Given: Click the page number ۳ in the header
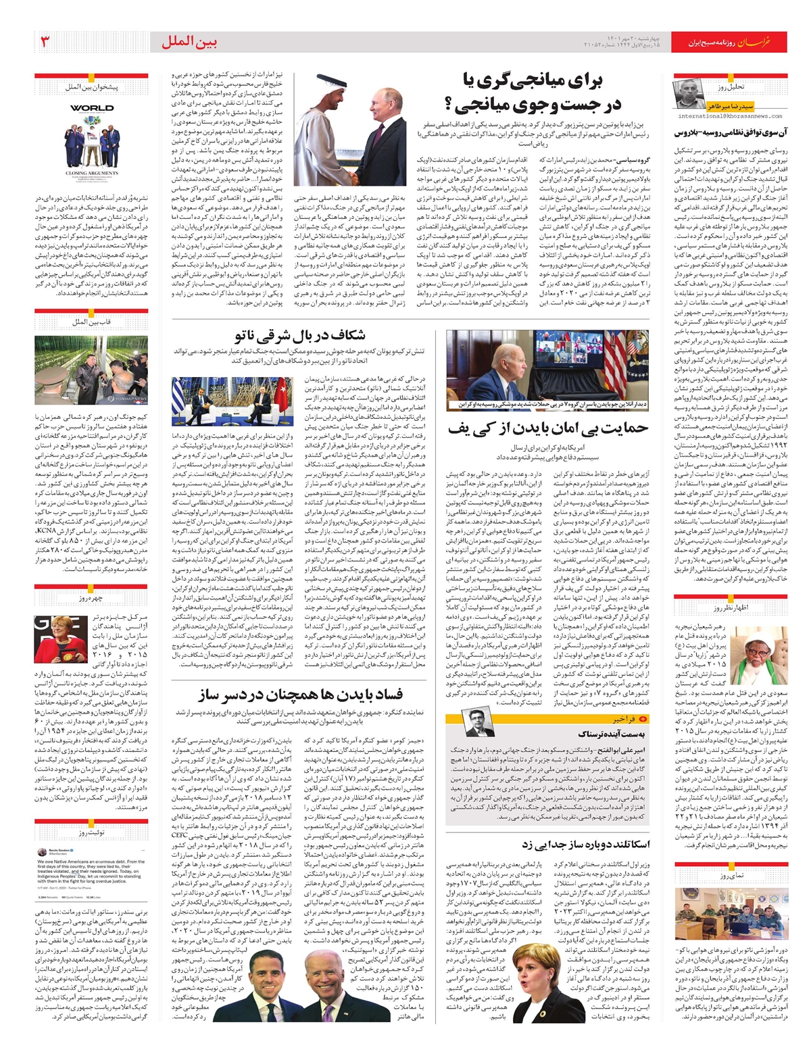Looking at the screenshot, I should click(45, 42).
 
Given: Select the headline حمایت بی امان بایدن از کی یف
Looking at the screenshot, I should click(547, 427).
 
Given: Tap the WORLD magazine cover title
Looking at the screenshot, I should click(91, 108).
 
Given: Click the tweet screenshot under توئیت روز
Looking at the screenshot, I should click(91, 875).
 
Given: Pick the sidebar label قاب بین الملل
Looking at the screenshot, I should click(91, 322).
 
